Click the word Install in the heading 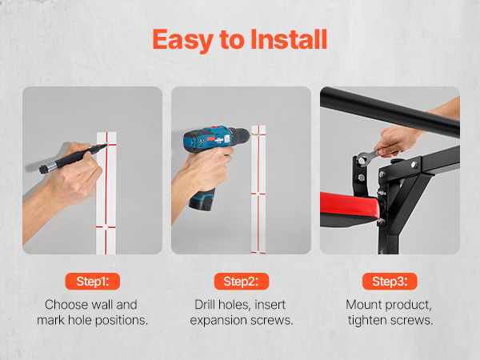tap(289, 39)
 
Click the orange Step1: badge tap(93, 281)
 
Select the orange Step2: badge tap(242, 281)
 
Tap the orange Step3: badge tap(390, 281)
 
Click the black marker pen tap(73, 158)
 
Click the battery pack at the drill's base tap(202, 199)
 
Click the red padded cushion tap(350, 204)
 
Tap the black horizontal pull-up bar tap(390, 112)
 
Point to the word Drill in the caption tap(205, 305)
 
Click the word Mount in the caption tap(364, 305)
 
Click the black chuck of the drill tap(241, 137)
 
